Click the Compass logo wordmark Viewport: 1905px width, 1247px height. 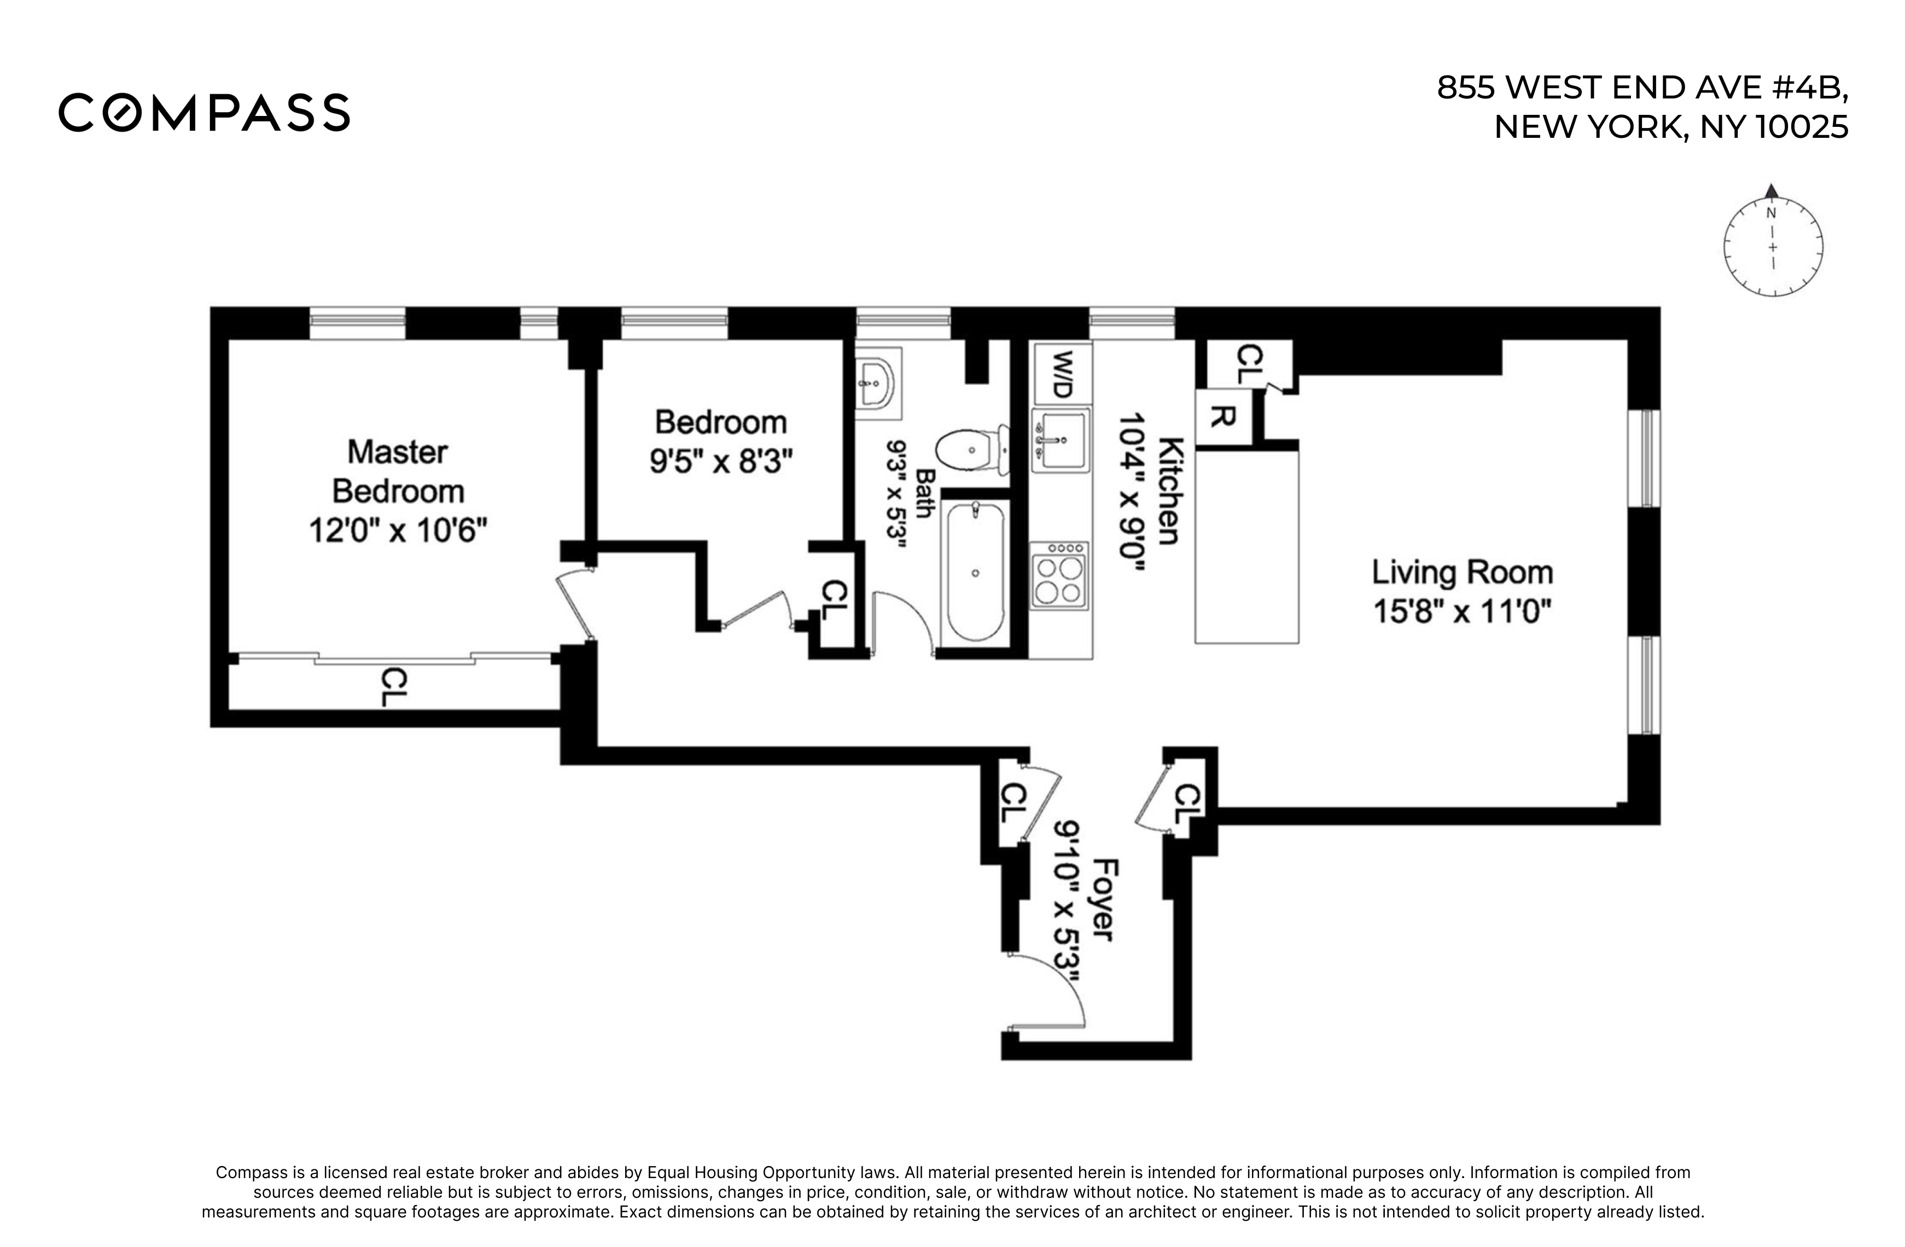pos(204,112)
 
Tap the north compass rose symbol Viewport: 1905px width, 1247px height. pos(1773,242)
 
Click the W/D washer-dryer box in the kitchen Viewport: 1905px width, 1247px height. pos(1062,374)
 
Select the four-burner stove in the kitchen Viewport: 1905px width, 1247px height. pos(1059,575)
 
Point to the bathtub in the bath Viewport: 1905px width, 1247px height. pos(975,570)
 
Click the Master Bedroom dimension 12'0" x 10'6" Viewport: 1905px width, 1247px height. pos(398,530)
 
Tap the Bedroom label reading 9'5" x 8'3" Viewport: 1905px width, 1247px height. pos(720,461)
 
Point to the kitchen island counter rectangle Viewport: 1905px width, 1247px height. pos(1246,547)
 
